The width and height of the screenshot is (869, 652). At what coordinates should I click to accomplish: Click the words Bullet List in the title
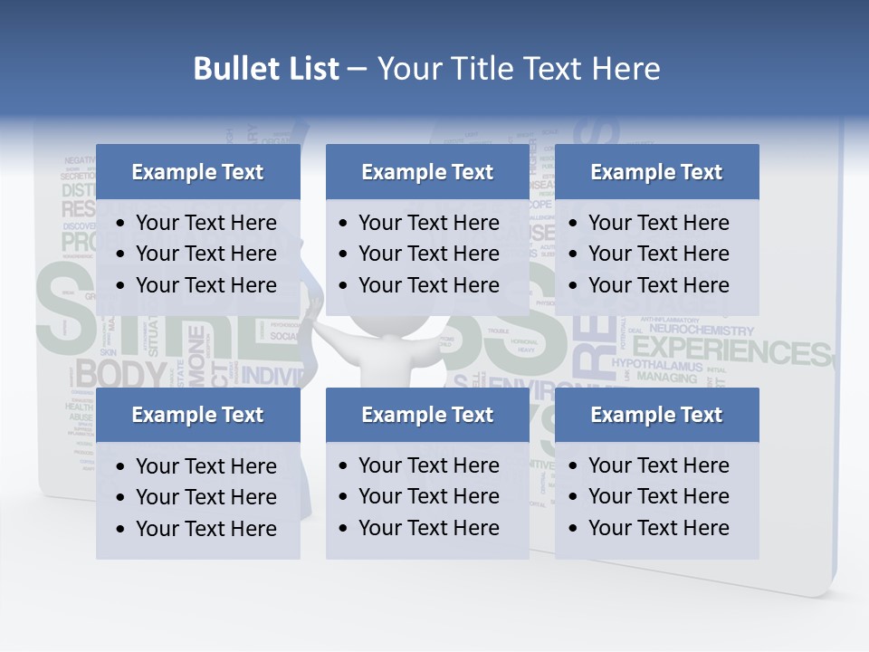266,69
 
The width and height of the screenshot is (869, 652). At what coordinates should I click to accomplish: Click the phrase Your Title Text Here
518,69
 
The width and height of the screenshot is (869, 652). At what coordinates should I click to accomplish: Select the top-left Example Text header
197,172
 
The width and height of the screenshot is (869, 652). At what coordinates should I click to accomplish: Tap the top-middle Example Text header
427,172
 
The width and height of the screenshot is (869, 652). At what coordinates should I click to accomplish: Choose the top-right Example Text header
656,172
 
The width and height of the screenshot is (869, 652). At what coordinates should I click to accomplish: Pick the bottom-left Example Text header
197,415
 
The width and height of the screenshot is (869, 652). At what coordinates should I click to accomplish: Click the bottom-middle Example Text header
427,415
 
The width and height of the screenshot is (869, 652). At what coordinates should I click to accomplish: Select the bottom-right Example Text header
656,415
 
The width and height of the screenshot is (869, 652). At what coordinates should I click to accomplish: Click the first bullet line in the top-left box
205,223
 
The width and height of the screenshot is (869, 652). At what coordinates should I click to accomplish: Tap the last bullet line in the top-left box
205,285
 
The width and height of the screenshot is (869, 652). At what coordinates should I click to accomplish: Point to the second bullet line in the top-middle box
428,254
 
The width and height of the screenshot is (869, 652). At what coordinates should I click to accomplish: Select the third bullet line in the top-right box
658,285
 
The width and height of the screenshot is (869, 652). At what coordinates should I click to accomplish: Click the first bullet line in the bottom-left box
205,466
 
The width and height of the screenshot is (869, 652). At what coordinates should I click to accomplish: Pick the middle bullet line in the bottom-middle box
428,496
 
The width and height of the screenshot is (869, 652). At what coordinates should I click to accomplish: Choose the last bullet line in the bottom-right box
658,528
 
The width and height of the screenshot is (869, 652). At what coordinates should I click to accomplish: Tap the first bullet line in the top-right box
658,223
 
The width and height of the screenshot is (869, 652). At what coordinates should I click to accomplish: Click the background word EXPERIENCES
738,351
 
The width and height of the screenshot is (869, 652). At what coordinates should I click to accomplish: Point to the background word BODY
121,373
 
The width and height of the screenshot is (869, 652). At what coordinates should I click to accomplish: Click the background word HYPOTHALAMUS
657,365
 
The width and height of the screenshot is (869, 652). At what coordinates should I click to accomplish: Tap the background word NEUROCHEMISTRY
702,331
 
